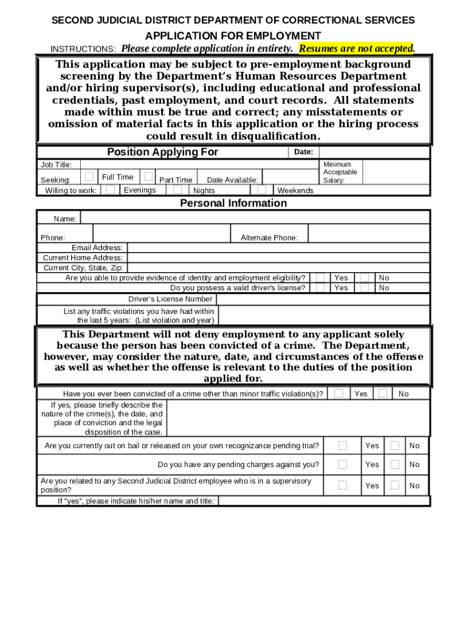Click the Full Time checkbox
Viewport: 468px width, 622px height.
(89, 176)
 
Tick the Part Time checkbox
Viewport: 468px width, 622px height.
(148, 176)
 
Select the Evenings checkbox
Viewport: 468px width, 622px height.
(110, 190)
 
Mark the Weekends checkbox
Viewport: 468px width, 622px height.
(266, 190)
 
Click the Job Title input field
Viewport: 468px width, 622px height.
(199, 165)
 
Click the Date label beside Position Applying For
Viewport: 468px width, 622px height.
(303, 152)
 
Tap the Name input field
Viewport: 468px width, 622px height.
(255, 217)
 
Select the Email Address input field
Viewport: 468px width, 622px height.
(278, 248)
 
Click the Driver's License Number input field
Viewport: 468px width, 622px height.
(323, 299)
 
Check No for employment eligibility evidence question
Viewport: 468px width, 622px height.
(364, 278)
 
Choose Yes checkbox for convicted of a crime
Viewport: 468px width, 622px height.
(339, 393)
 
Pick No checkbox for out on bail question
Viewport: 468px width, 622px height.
(395, 445)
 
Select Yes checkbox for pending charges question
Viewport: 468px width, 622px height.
(343, 464)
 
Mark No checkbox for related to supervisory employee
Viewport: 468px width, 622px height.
(395, 485)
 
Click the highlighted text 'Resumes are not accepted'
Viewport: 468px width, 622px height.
(356, 48)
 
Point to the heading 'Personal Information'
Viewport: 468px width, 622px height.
(233, 203)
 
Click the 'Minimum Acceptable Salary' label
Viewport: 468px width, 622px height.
(340, 172)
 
